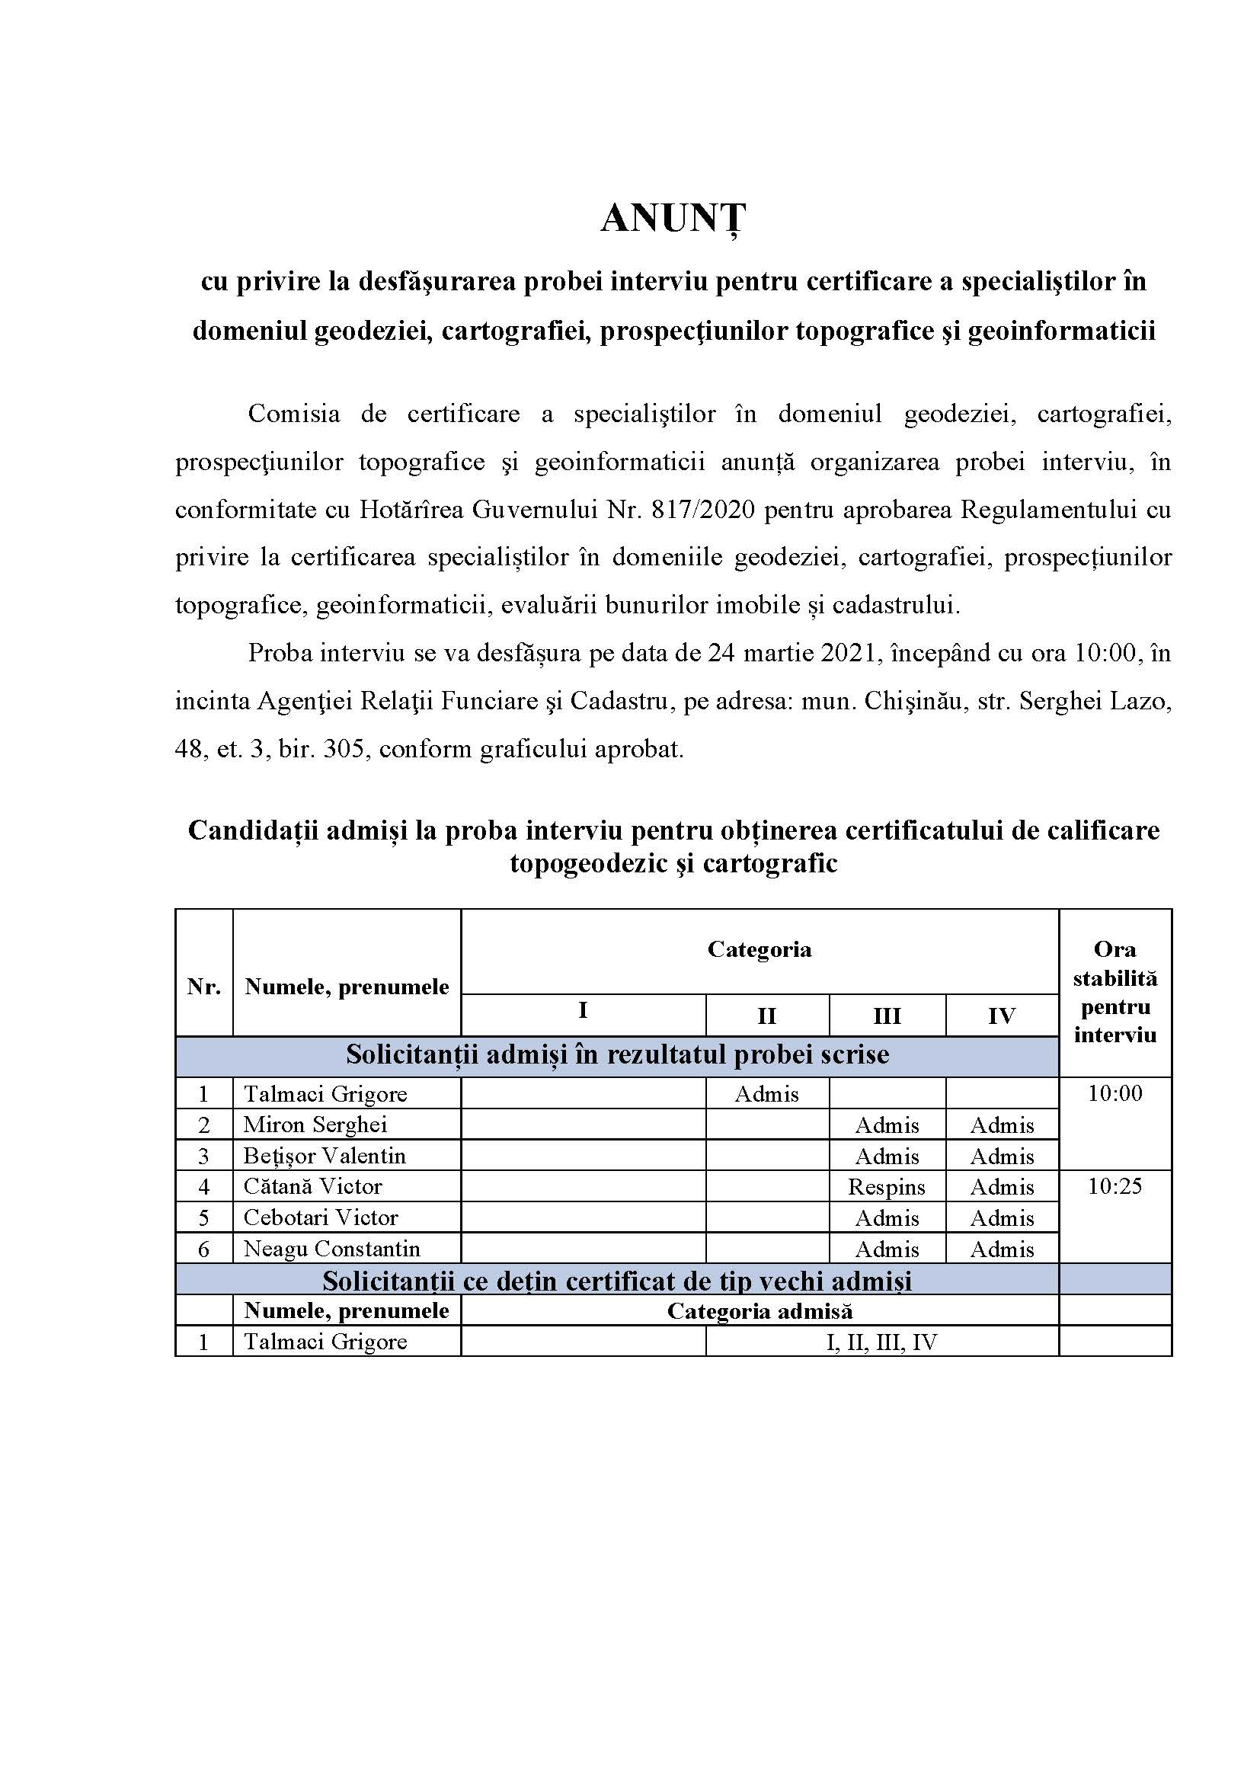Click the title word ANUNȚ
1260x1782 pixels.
[x=673, y=219]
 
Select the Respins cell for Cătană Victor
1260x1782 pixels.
[x=886, y=1187]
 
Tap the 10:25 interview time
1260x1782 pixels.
[x=1114, y=1186]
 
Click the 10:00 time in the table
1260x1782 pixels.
[x=1114, y=1093]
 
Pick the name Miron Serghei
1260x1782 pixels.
[x=315, y=1125]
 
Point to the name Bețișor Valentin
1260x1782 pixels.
[x=325, y=1156]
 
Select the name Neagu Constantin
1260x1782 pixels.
[x=331, y=1249]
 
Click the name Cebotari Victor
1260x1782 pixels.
[x=321, y=1217]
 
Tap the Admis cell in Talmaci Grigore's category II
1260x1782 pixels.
[x=766, y=1093]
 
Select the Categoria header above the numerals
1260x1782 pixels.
[x=759, y=949]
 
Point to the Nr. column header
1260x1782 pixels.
[x=204, y=987]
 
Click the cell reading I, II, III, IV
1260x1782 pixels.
[x=882, y=1342]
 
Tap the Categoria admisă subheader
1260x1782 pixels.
[x=760, y=1311]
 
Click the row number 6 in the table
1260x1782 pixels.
[x=203, y=1249]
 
